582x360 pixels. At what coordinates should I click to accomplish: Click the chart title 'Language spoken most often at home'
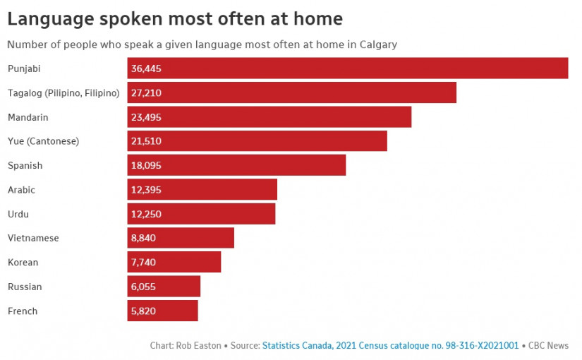click(x=175, y=19)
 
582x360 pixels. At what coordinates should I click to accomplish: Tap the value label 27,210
click(x=147, y=92)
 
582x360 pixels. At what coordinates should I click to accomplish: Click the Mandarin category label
click(x=28, y=117)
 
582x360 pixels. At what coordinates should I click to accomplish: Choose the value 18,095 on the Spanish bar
click(x=146, y=165)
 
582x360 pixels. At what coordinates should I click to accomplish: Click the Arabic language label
click(x=21, y=190)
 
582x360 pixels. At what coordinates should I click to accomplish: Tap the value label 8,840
click(x=143, y=238)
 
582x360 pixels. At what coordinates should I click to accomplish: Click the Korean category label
click(x=23, y=263)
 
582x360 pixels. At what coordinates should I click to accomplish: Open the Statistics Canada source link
click(x=390, y=346)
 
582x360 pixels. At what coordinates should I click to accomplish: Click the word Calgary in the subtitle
click(x=378, y=44)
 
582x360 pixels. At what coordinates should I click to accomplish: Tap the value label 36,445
click(x=147, y=68)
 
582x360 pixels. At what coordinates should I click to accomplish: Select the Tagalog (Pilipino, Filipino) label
click(x=63, y=92)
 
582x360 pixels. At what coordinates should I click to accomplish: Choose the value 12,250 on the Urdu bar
click(x=146, y=214)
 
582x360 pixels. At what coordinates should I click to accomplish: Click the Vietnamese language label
click(x=33, y=238)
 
